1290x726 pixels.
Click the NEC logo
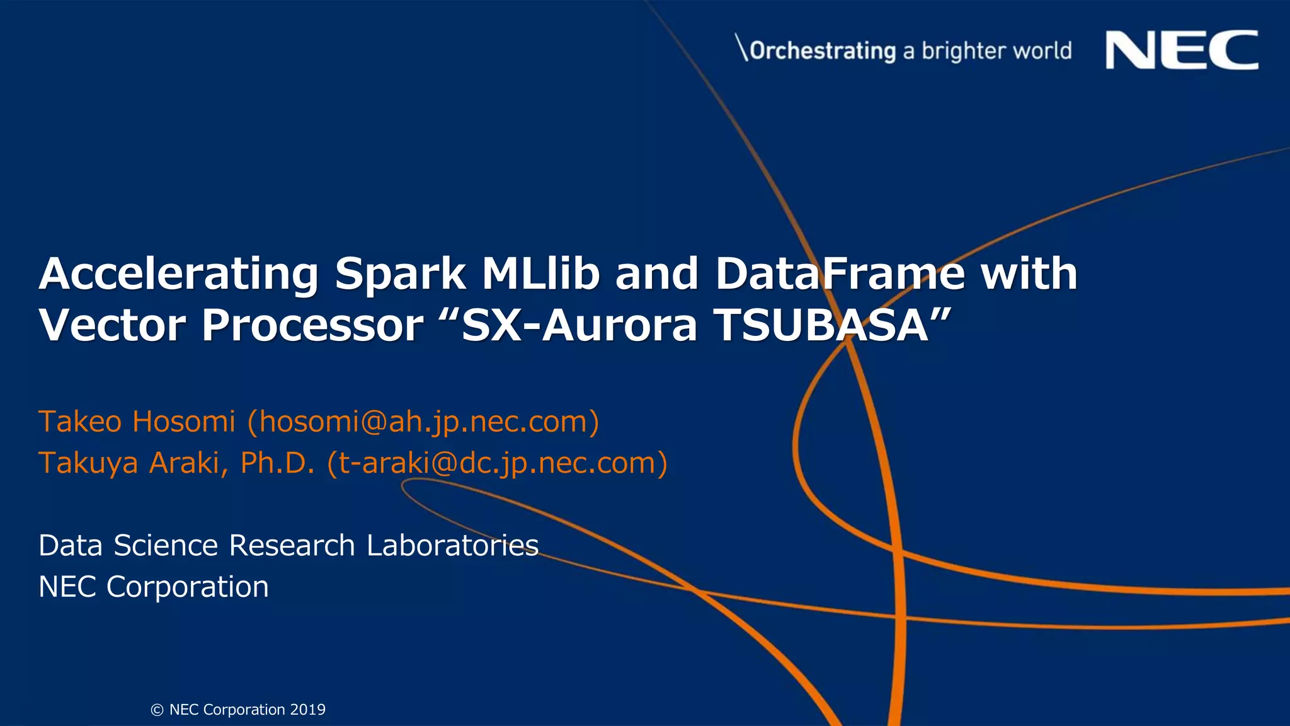(1182, 50)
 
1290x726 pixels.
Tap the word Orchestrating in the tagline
(823, 50)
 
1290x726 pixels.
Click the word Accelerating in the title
(179, 274)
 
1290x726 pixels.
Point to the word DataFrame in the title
(840, 274)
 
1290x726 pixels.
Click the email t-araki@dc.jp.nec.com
(497, 463)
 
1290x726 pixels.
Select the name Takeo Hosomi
(137, 422)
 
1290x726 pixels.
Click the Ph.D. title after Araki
(277, 463)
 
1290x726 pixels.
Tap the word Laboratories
(452, 546)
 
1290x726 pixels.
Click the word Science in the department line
(166, 546)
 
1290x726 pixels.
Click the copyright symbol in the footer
(157, 710)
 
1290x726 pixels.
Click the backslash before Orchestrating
(742, 49)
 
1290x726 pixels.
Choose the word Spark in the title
(400, 274)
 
